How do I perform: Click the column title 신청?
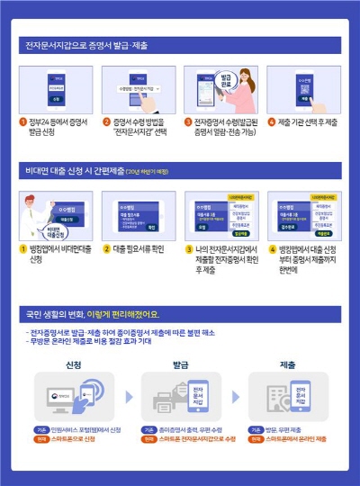click(x=76, y=366)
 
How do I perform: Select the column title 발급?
click(x=179, y=366)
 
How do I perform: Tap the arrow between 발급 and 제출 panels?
click(x=232, y=396)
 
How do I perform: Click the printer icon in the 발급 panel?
click(x=167, y=401)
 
